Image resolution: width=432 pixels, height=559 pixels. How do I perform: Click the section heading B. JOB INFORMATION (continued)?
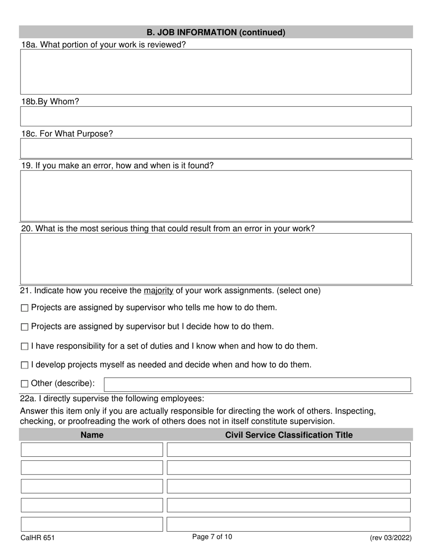216,32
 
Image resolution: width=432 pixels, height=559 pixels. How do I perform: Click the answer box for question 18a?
216,72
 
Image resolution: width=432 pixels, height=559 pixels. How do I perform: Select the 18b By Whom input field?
216,116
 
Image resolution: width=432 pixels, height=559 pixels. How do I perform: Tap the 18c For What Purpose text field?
216,148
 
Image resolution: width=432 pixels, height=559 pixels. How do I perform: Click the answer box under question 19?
216,195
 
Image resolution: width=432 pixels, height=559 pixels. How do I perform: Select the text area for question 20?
216,259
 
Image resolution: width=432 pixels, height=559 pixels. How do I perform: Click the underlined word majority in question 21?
159,291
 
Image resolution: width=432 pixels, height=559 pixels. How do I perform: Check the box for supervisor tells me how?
25,308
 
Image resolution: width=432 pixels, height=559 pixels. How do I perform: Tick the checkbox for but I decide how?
25,327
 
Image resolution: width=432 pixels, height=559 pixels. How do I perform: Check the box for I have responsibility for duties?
25,347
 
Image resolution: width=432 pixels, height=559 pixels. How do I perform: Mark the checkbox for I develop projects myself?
25,365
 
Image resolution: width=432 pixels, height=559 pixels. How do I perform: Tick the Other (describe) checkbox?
25,384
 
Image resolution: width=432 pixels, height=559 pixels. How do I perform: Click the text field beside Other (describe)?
257,384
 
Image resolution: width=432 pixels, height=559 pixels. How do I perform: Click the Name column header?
92,435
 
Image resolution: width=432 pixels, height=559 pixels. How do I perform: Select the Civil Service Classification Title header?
289,435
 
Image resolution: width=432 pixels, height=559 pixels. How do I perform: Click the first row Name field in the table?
92,449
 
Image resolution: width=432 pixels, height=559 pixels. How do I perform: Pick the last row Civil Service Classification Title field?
289,524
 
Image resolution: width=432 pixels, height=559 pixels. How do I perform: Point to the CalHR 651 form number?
38,538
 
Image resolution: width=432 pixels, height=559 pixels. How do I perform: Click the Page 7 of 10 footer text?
212,537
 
